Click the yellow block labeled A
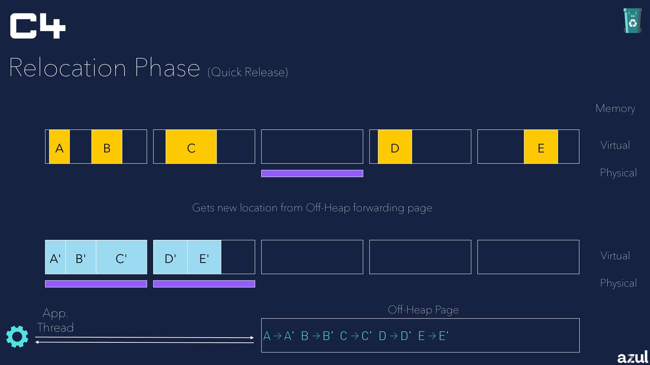click(59, 147)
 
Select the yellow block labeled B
click(107, 147)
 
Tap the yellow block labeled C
click(191, 147)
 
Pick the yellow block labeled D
click(395, 147)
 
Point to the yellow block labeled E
click(541, 147)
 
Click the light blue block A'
click(55, 257)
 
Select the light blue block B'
click(81, 257)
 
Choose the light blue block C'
click(121, 257)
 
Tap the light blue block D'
click(170, 257)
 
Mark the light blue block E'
click(204, 257)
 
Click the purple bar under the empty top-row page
click(312, 173)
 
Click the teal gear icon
click(17, 336)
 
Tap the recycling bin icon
click(632, 21)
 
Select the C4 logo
click(38, 26)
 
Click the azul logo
click(632, 357)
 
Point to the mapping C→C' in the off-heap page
click(355, 336)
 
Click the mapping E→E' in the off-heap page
click(433, 336)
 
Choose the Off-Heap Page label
click(423, 310)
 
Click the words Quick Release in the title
click(248, 72)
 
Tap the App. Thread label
click(55, 320)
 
